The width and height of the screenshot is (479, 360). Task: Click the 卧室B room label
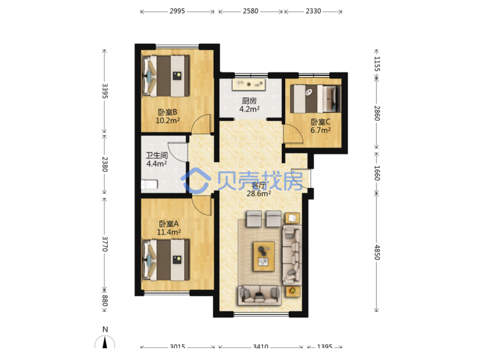pyautogui.click(x=168, y=112)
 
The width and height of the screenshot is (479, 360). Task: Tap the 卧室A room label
pyautogui.click(x=169, y=224)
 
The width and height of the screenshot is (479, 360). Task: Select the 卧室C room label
pyautogui.click(x=320, y=122)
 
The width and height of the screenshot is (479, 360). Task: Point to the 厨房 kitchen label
pyautogui.click(x=249, y=101)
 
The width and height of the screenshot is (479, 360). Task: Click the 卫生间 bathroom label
pyautogui.click(x=157, y=155)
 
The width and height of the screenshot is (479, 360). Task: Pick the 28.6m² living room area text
pyautogui.click(x=259, y=194)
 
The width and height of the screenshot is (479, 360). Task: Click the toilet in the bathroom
pyautogui.click(x=149, y=184)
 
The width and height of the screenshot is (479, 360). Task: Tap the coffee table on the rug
pyautogui.click(x=264, y=256)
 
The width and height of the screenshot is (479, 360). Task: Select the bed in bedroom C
pyautogui.click(x=315, y=99)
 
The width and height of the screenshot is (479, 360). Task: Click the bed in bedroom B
pyautogui.click(x=166, y=76)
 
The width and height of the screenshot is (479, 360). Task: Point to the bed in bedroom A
pyautogui.click(x=166, y=260)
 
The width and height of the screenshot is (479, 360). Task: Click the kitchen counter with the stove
pyautogui.click(x=249, y=85)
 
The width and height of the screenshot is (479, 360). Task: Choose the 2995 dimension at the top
pyautogui.click(x=177, y=11)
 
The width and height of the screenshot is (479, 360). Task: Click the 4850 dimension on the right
pyautogui.click(x=377, y=252)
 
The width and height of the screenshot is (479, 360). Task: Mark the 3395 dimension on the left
pyautogui.click(x=105, y=91)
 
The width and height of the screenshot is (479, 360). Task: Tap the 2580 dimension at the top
pyautogui.click(x=251, y=11)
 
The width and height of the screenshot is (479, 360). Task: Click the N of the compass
pyautogui.click(x=105, y=330)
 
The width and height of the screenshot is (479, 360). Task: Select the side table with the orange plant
pyautogui.click(x=293, y=291)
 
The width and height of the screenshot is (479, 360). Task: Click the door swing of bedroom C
pyautogui.click(x=293, y=134)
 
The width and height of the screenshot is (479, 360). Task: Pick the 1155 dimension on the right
pyautogui.click(x=377, y=64)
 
